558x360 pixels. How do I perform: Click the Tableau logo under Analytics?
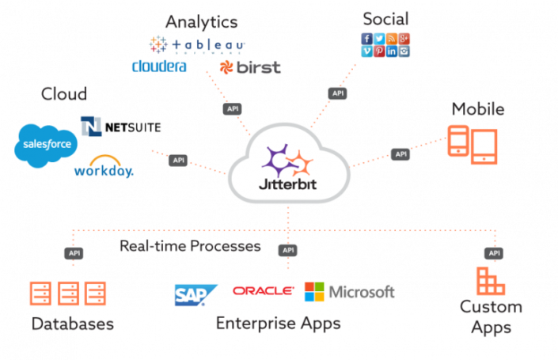(198, 44)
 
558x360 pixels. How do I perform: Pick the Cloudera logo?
(159, 66)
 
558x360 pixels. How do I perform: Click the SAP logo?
(196, 294)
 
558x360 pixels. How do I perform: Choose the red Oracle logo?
(263, 291)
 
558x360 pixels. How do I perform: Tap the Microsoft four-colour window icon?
(314, 291)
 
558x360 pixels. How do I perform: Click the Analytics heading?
(202, 22)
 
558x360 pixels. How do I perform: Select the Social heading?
(385, 17)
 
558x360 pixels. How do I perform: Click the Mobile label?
(478, 109)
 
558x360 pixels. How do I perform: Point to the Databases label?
(73, 324)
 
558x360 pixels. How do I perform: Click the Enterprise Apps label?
(278, 324)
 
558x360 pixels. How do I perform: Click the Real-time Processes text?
(190, 246)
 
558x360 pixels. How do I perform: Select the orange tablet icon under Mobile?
(484, 145)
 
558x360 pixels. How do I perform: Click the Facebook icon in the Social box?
(366, 39)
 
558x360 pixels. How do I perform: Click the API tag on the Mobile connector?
(401, 153)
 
